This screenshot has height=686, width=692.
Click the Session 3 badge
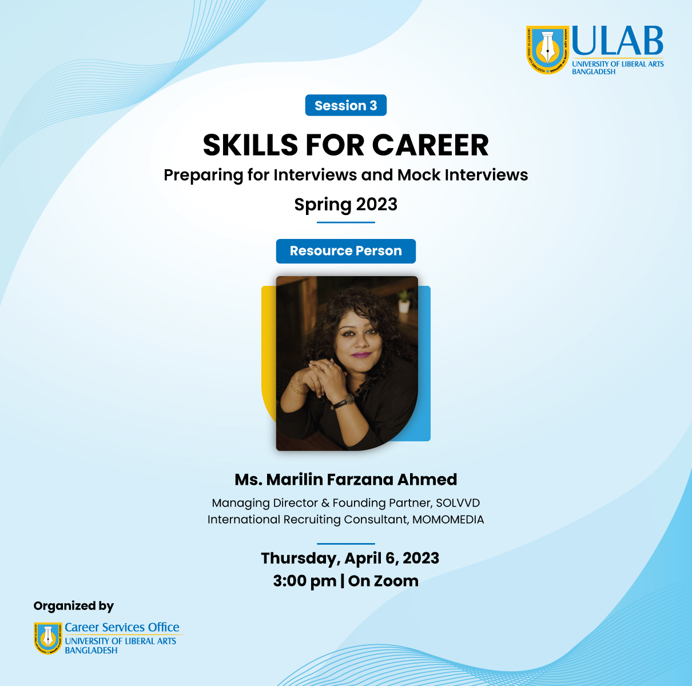pyautogui.click(x=346, y=105)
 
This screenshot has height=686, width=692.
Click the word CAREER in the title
pyautogui.click(x=430, y=145)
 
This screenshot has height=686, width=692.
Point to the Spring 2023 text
pyautogui.click(x=346, y=205)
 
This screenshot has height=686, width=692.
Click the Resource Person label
pyautogui.click(x=346, y=251)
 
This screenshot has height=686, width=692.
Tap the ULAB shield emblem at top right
pyautogui.click(x=548, y=50)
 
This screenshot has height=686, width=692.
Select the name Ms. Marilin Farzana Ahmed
pyautogui.click(x=346, y=480)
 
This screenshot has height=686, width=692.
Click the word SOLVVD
pyautogui.click(x=458, y=503)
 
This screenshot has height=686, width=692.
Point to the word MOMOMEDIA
pyautogui.click(x=448, y=520)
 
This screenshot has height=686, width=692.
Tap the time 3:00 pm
pyautogui.click(x=304, y=581)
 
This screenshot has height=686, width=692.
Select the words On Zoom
pyautogui.click(x=383, y=581)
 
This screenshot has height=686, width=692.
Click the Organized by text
pyautogui.click(x=74, y=606)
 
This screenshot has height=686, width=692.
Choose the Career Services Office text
pyautogui.click(x=122, y=627)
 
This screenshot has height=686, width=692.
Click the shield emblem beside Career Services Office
pyautogui.click(x=48, y=638)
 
